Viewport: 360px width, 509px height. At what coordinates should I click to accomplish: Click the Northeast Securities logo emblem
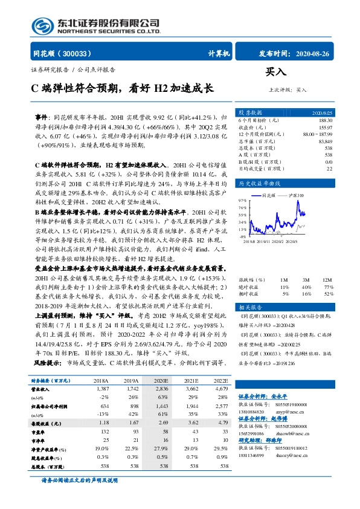[x=42, y=25]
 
